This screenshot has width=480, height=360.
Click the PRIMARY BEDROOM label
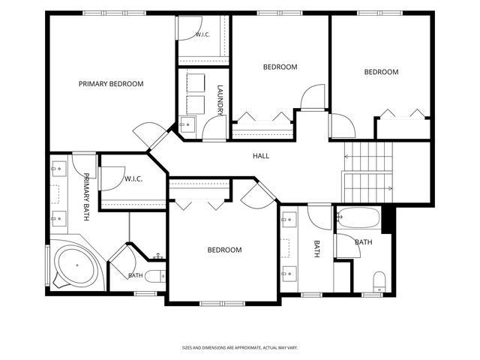click(x=111, y=84)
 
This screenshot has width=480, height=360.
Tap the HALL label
click(x=261, y=156)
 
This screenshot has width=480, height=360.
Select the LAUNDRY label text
click(x=220, y=100)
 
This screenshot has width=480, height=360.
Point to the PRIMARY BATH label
click(x=86, y=196)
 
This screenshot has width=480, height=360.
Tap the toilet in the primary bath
click(x=155, y=277)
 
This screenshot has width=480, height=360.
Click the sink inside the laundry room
click(x=187, y=124)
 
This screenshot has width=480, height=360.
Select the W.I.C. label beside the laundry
click(x=202, y=34)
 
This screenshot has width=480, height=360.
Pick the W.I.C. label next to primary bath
click(x=133, y=179)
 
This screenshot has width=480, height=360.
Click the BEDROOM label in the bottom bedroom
click(x=225, y=250)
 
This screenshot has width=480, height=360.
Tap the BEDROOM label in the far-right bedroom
click(x=382, y=72)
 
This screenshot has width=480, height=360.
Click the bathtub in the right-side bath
click(x=358, y=217)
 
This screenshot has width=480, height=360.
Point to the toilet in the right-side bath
click(x=379, y=281)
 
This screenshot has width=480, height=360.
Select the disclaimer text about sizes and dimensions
click(x=240, y=348)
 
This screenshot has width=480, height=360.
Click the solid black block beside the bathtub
click(x=387, y=220)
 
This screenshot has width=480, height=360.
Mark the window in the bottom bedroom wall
click(x=222, y=303)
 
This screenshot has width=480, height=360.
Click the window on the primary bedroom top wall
click(x=115, y=13)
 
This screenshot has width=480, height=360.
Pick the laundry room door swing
click(x=214, y=128)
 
